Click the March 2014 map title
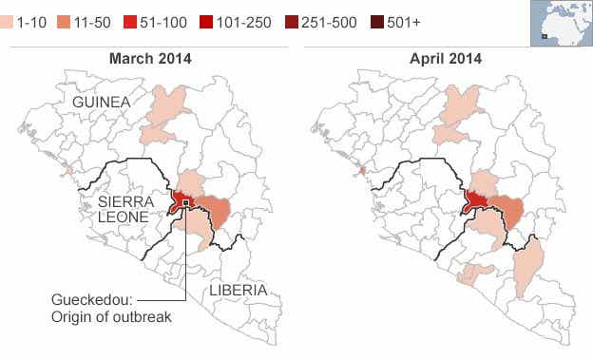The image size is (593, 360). pos(150,58)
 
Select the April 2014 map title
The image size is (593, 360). pos(445,58)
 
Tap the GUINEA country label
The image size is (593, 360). pos(95,101)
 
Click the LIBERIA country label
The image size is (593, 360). pos(238,289)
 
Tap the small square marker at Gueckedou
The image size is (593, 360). pos(186,202)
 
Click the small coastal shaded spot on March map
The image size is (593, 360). pos(68,171)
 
